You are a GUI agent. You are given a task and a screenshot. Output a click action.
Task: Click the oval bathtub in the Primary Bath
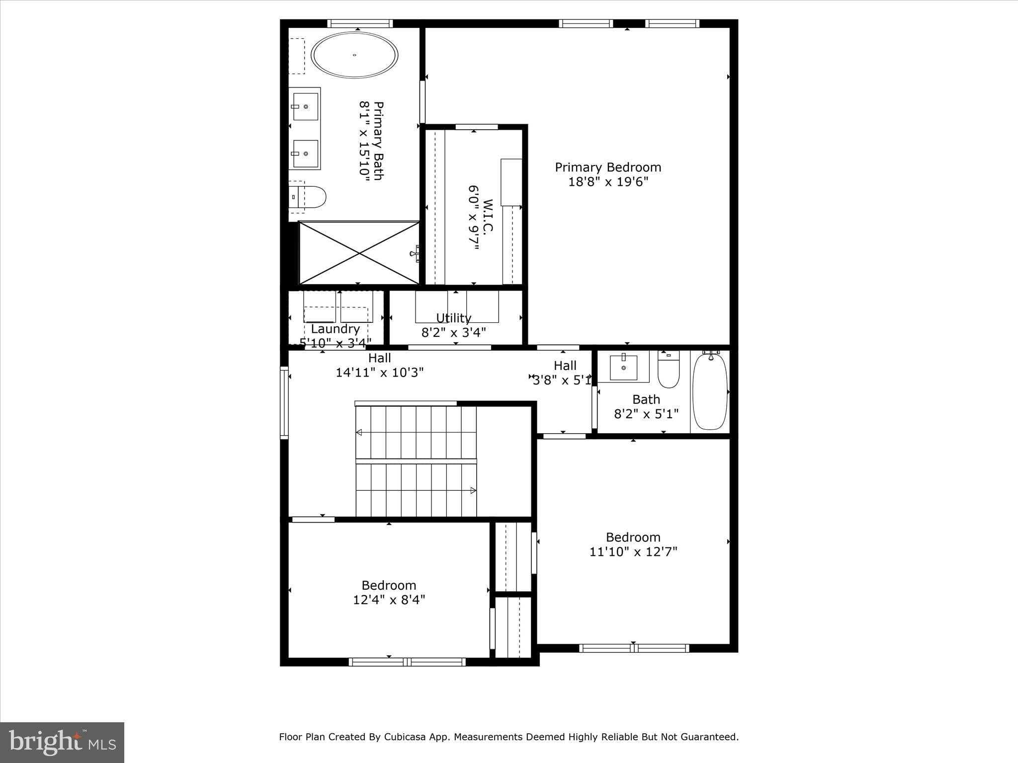tap(354, 55)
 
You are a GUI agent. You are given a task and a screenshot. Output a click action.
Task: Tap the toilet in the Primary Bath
tap(311, 197)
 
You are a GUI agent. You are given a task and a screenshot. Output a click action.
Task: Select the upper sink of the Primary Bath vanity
tap(305, 106)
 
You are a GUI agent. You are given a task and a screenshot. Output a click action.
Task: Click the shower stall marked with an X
tap(359, 253)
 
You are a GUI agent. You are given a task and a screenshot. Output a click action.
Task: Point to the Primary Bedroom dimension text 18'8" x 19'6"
tap(608, 182)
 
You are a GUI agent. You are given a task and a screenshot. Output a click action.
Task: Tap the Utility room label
tap(453, 318)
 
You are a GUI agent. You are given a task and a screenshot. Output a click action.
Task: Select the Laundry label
tap(335, 329)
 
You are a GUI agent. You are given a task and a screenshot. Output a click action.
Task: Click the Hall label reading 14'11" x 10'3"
tap(379, 366)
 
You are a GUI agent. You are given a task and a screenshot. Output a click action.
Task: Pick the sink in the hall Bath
tap(623, 368)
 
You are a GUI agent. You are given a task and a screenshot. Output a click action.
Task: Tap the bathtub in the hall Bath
tap(710, 391)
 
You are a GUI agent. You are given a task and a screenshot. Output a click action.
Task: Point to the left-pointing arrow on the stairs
tap(359, 432)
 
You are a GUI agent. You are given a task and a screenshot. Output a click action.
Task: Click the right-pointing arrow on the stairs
tap(473, 491)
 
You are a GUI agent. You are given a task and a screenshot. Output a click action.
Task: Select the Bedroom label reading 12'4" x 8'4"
tap(389, 593)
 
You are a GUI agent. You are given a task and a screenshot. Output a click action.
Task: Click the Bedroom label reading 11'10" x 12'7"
tap(633, 544)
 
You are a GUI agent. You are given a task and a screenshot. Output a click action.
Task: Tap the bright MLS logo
tap(62, 742)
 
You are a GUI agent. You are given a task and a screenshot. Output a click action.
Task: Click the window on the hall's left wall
tap(284, 402)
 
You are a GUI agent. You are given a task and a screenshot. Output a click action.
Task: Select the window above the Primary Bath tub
tap(360, 23)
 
